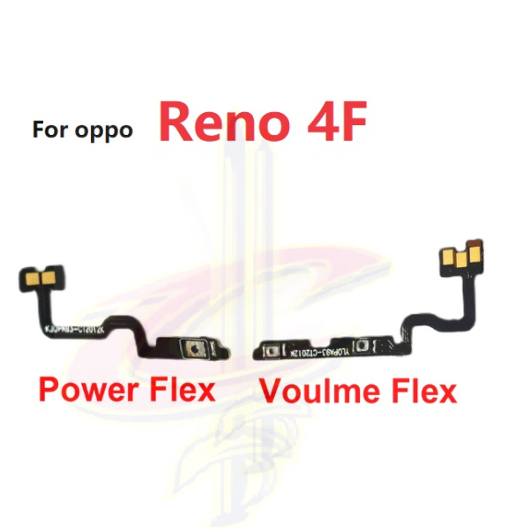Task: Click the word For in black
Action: pyautogui.click(x=50, y=131)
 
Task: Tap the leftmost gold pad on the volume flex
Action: pyautogui.click(x=449, y=260)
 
